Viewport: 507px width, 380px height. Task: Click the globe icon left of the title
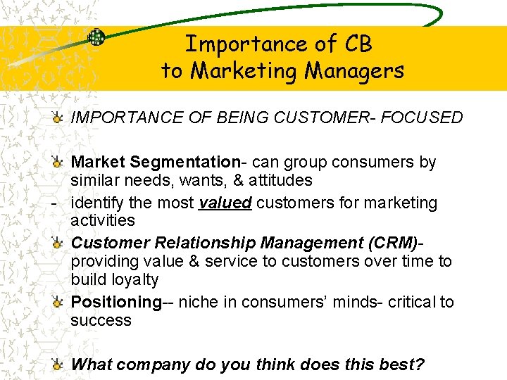tap(96, 38)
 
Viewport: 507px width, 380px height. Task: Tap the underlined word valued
tap(225, 203)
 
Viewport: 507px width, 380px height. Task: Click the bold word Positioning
tap(116, 302)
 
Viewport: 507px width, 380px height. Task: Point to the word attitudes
tap(275, 180)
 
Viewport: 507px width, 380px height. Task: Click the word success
tap(101, 320)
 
